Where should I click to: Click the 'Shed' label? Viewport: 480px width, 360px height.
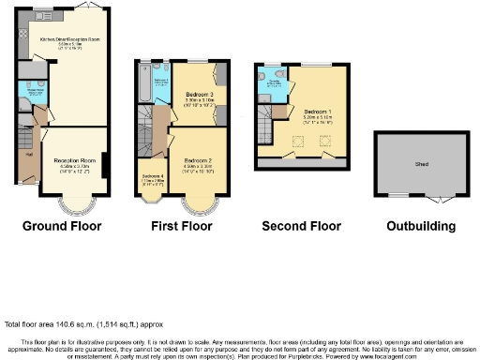[x=421, y=163]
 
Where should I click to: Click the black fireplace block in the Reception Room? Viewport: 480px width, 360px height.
[x=104, y=163]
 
